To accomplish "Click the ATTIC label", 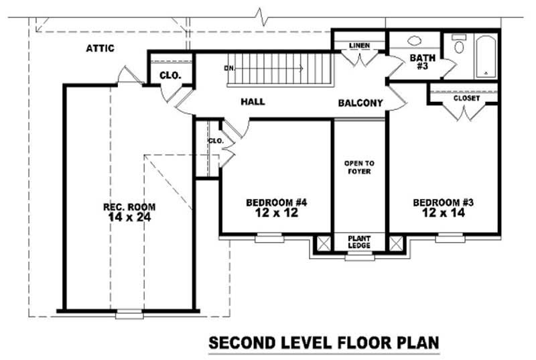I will (100, 48).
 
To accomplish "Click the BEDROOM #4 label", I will (276, 202).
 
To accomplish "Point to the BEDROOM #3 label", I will (444, 202).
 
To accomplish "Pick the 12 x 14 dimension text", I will (444, 213).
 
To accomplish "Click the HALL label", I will (253, 102).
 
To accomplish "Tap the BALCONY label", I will (360, 103).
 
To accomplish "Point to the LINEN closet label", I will (360, 46).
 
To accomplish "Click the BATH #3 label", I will (423, 62).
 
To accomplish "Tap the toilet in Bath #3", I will (459, 44).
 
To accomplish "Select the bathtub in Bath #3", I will (484, 56).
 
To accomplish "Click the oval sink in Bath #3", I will (414, 40).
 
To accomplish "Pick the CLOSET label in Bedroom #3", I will (466, 99).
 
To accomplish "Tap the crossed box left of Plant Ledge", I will (323, 243).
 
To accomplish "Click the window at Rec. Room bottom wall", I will (129, 313).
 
